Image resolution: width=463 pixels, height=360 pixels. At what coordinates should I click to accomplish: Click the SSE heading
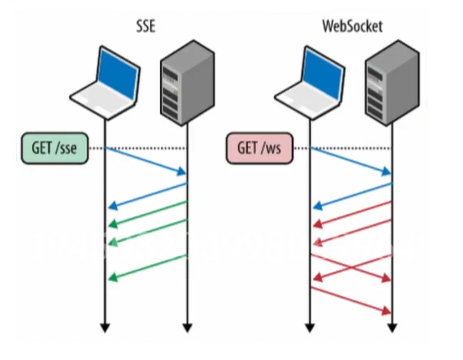click(x=145, y=26)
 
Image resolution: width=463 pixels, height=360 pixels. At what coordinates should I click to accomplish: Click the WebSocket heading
click(x=352, y=26)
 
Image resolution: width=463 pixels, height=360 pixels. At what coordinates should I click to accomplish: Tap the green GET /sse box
click(x=55, y=148)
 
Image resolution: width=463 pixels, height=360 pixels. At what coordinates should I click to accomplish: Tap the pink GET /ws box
click(x=260, y=148)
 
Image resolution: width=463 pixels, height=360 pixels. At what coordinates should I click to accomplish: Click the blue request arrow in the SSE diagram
click(x=146, y=161)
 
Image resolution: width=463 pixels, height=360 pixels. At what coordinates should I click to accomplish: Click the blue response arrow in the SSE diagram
click(x=147, y=195)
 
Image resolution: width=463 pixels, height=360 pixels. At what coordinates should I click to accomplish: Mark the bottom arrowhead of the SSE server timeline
click(x=187, y=328)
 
